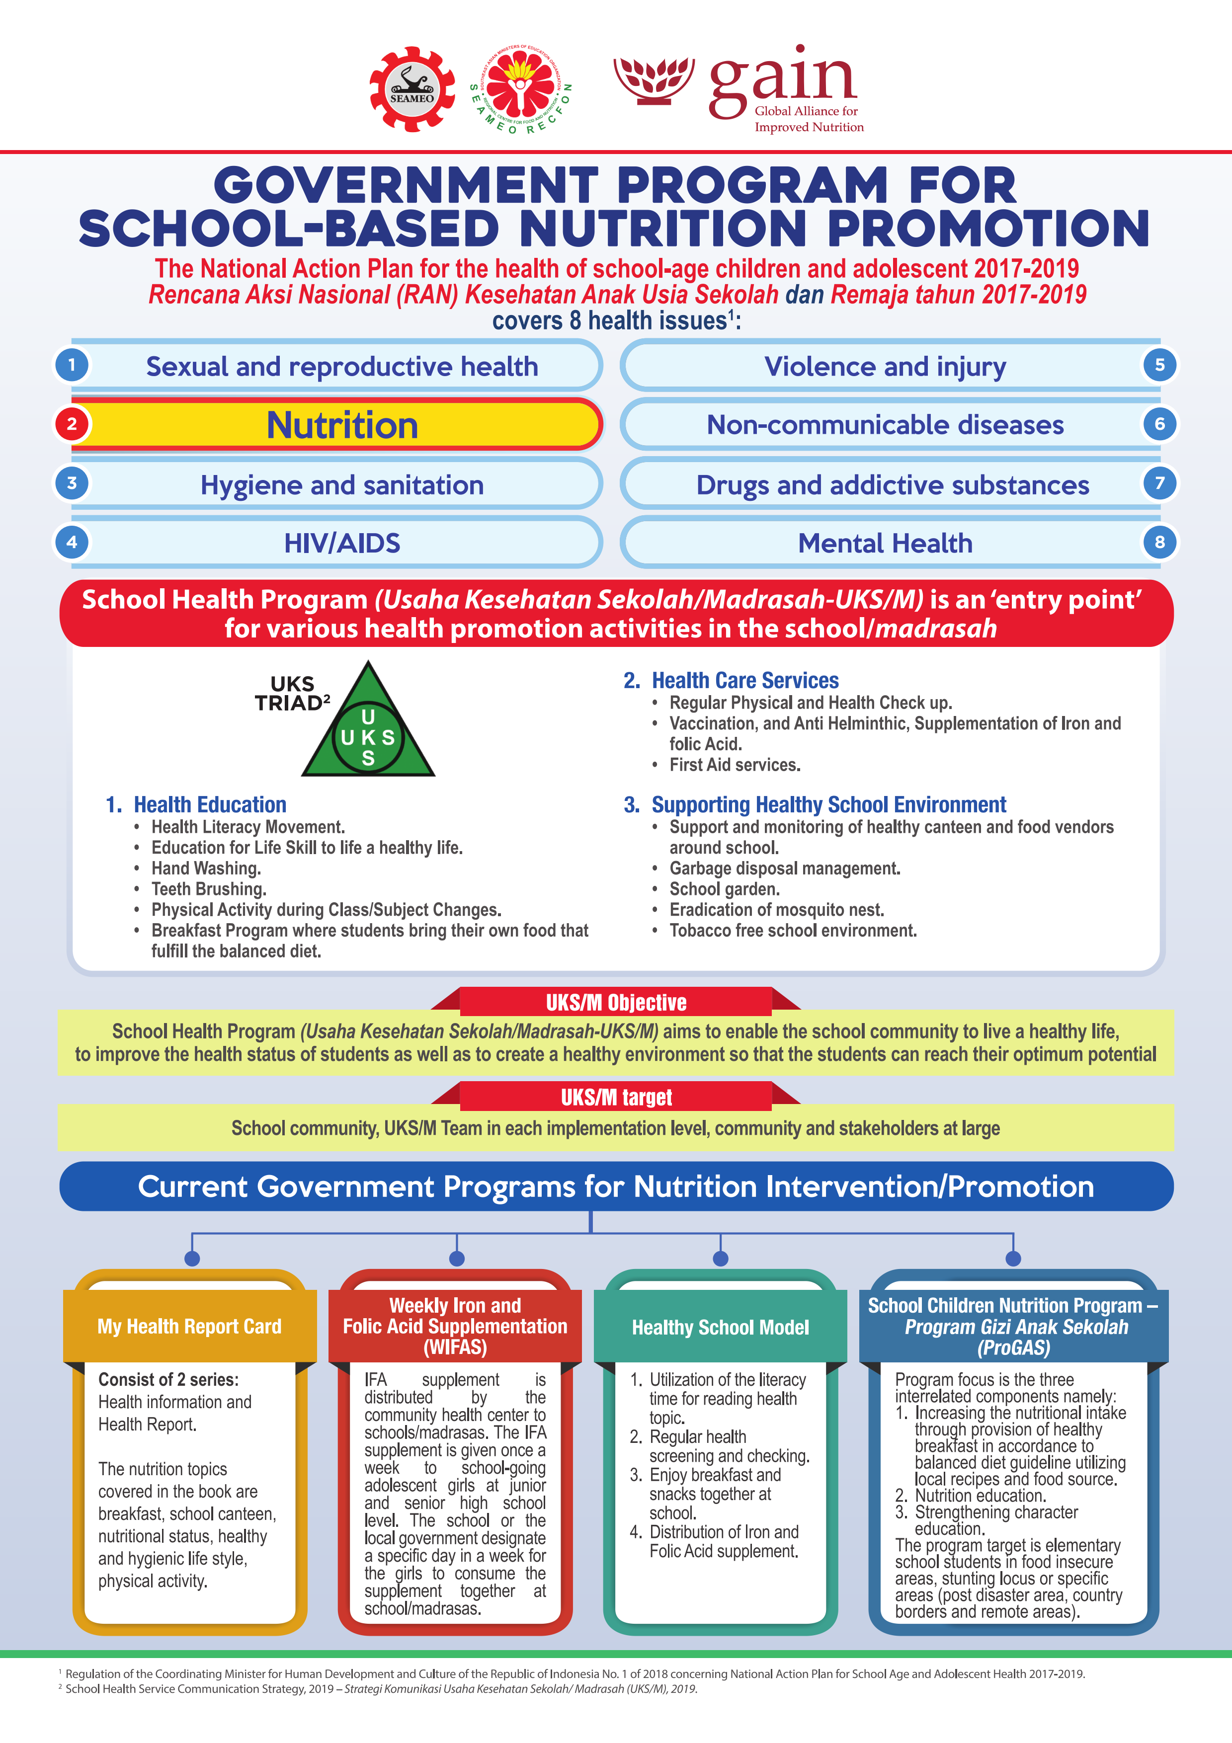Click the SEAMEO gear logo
click(x=411, y=89)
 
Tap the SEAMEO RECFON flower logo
click(x=521, y=89)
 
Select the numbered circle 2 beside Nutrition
click(x=72, y=424)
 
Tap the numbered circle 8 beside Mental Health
click(x=1159, y=542)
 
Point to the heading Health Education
click(x=210, y=805)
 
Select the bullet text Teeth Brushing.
click(x=209, y=889)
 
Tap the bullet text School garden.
click(x=724, y=889)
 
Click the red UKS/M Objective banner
click(x=616, y=1003)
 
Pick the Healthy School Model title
click(x=721, y=1327)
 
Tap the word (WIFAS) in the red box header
click(x=455, y=1347)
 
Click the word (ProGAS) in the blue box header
click(x=1013, y=1348)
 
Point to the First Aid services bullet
click(x=735, y=765)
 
